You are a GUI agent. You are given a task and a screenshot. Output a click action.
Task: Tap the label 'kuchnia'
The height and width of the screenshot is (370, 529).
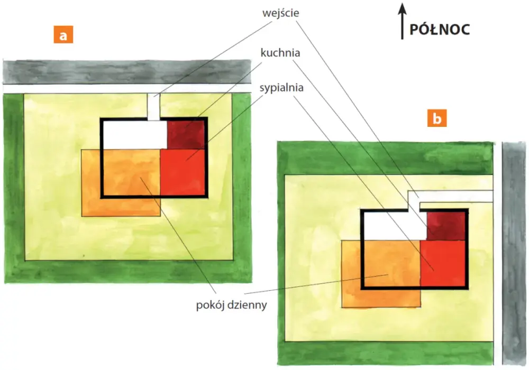click(280, 53)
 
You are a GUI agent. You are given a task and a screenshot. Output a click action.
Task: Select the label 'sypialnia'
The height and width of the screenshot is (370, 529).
click(281, 88)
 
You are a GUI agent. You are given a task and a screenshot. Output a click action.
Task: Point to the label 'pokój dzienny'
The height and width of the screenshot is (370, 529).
click(232, 305)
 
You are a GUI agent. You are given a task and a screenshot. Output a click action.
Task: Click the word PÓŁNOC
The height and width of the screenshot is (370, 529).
click(440, 30)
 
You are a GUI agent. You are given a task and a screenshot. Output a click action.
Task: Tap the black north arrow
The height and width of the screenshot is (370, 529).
click(402, 21)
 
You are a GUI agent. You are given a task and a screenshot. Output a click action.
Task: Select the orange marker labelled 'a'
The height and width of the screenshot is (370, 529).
click(63, 35)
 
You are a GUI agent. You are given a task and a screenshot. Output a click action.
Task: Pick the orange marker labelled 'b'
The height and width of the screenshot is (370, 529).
click(437, 118)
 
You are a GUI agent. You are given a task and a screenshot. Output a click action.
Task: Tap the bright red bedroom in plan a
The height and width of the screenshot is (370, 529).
click(183, 172)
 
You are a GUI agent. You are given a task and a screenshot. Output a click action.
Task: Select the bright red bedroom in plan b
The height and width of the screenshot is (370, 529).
click(443, 263)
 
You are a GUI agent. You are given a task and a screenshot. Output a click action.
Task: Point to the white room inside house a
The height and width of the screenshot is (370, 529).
click(135, 135)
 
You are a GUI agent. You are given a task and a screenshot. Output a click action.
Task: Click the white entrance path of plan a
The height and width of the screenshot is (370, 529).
click(153, 107)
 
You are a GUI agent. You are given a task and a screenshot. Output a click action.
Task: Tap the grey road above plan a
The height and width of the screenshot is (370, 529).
click(127, 72)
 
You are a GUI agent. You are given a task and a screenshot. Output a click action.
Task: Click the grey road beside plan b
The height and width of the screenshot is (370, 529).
click(514, 253)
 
